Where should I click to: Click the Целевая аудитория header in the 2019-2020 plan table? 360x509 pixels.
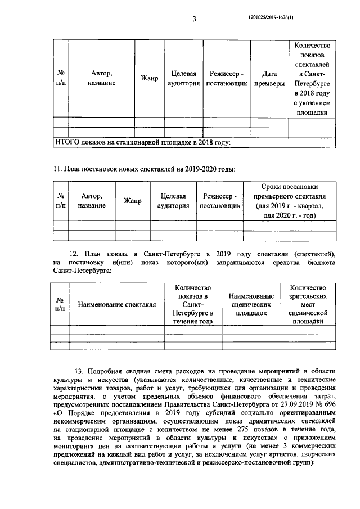(x=173, y=201)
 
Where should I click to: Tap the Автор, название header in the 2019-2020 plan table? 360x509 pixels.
(x=91, y=201)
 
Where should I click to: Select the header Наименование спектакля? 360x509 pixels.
(x=117, y=305)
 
